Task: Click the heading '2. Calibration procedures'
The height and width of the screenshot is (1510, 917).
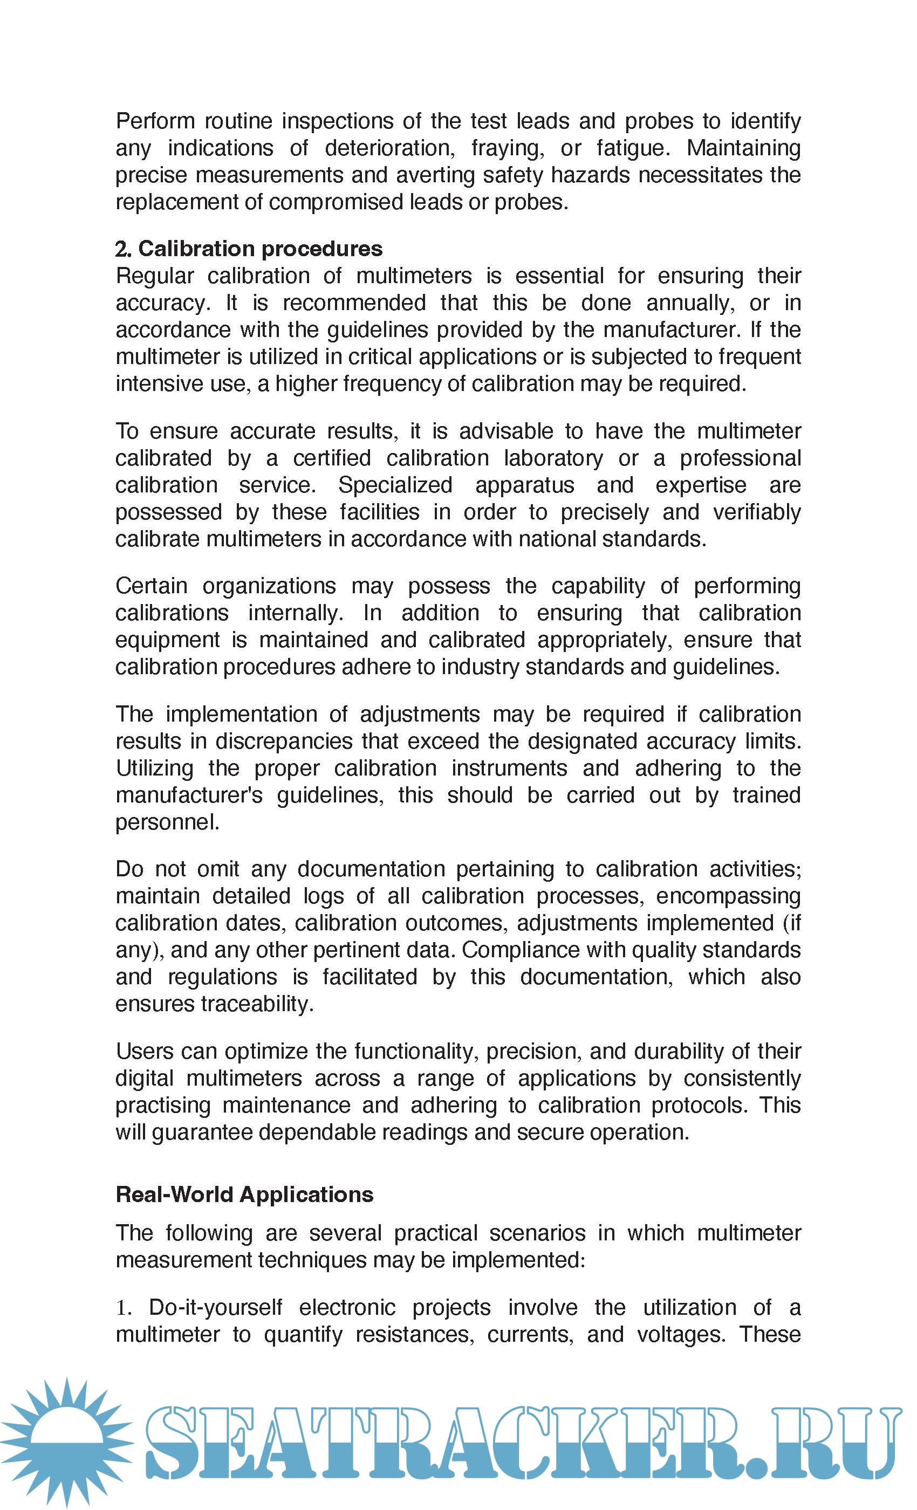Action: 249,249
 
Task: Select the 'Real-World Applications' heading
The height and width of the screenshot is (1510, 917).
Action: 244,1195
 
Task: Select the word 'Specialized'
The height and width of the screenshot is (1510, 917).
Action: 395,485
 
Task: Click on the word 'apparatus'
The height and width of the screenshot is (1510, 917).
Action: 525,485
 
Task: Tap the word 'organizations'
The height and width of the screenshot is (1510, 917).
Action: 269,586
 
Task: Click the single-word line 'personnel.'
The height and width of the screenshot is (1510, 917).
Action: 167,822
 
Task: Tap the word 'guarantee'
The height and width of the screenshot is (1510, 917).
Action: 202,1132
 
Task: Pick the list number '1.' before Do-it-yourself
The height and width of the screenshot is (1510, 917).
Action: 124,1308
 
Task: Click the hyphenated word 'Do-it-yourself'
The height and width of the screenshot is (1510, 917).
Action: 216,1308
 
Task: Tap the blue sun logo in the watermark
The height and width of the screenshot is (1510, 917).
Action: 66,1442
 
